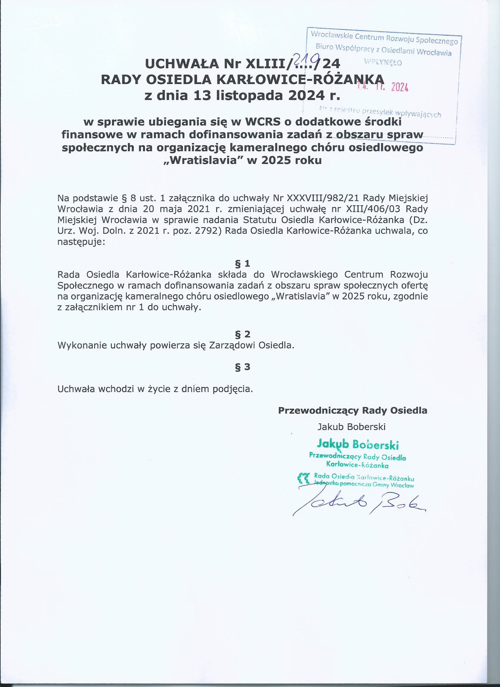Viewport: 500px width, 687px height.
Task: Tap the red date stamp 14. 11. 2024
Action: (x=383, y=87)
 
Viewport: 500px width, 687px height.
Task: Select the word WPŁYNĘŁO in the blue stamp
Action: (x=383, y=62)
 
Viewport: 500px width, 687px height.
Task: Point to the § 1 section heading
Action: (x=243, y=263)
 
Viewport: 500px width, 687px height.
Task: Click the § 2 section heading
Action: (x=243, y=334)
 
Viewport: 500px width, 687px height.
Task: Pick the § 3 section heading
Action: (x=243, y=366)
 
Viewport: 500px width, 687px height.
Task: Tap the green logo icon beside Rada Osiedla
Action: (x=304, y=478)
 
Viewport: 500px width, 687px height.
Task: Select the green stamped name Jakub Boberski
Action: (x=358, y=444)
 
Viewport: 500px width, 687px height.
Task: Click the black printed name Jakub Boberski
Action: (x=351, y=427)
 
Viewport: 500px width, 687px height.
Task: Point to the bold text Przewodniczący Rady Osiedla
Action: (x=353, y=410)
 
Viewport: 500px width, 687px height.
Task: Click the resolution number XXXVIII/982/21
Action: (x=323, y=198)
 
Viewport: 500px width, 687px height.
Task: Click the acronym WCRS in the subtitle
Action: (x=263, y=122)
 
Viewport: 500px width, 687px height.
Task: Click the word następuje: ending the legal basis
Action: (x=81, y=242)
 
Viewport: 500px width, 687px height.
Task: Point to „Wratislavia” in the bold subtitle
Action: (x=203, y=160)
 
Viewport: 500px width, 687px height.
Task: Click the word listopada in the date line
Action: (x=249, y=95)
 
